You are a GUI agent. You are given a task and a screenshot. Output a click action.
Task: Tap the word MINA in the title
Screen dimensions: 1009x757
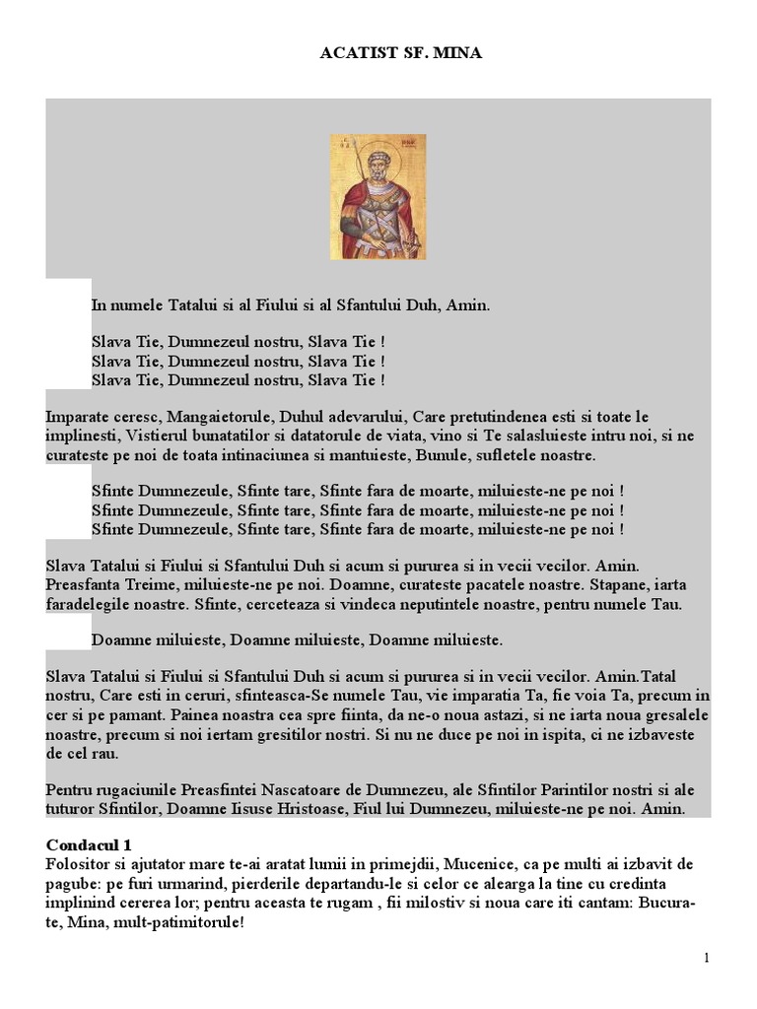[x=457, y=52]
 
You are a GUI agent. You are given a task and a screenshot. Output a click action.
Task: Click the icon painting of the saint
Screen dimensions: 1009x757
[x=378, y=196]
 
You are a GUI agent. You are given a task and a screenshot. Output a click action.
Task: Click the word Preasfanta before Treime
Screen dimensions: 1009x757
[x=86, y=584]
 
